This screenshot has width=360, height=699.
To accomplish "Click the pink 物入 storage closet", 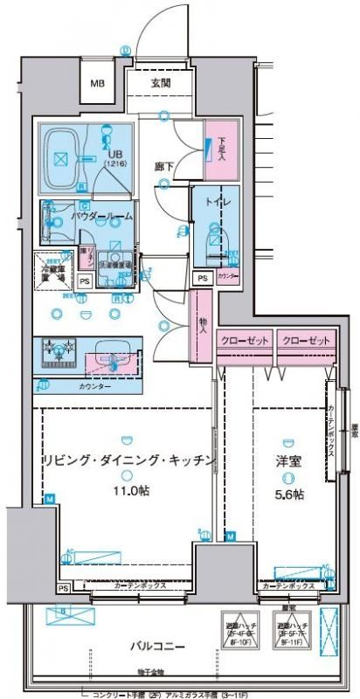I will (202, 324).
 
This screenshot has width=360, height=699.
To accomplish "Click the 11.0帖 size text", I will (129, 491).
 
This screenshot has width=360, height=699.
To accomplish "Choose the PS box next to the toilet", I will (202, 277).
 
